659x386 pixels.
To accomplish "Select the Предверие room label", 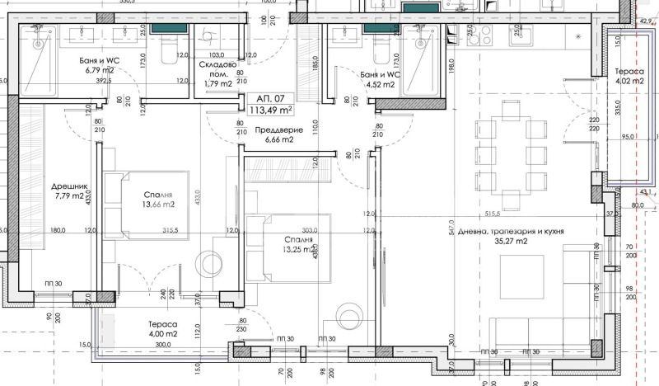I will click(x=275, y=130).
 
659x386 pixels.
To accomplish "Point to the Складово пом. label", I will click(x=217, y=68).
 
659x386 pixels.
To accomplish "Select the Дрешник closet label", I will click(x=65, y=185).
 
